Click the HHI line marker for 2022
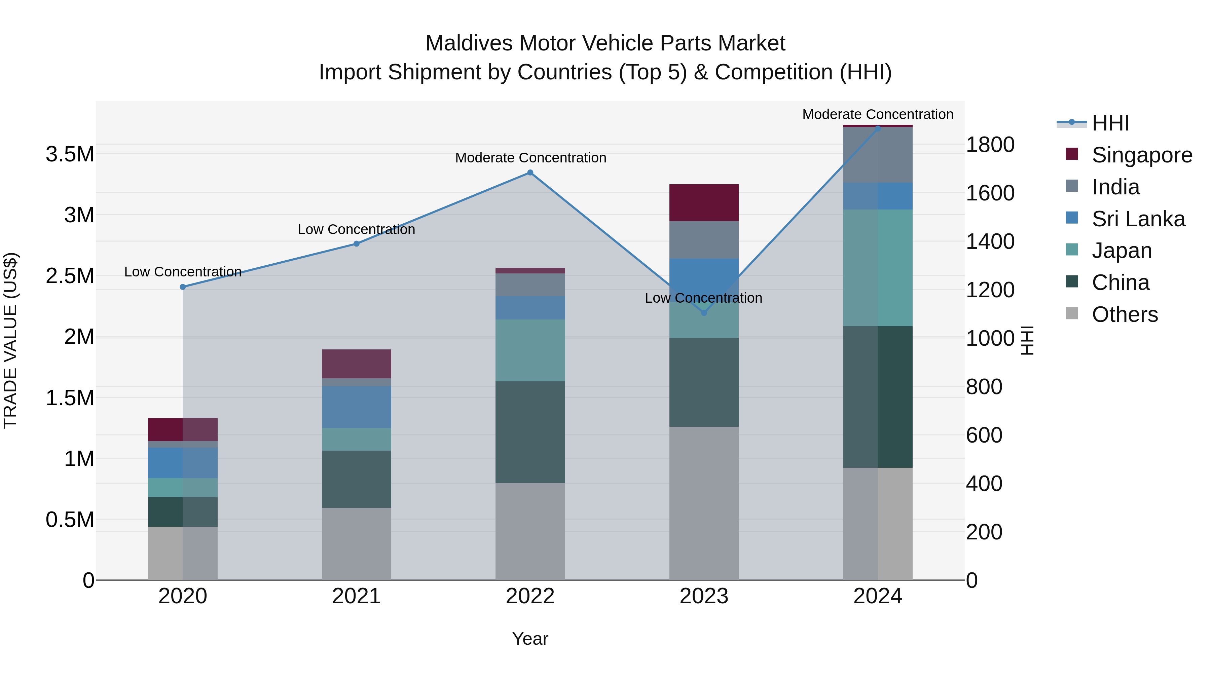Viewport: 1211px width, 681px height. [530, 173]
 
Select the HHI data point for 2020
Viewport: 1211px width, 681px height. [183, 287]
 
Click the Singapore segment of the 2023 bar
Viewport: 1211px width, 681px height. [704, 202]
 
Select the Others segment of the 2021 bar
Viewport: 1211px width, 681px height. [356, 543]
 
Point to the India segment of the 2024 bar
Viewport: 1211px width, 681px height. [877, 155]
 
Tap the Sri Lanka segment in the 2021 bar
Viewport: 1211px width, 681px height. [356, 407]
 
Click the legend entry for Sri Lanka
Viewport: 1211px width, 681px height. [1138, 219]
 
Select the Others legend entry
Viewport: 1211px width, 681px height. [1125, 314]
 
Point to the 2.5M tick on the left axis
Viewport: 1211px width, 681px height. [70, 276]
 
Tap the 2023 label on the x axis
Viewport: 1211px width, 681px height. [704, 596]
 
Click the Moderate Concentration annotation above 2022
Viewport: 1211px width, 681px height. [530, 158]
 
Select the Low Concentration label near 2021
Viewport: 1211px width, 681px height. [356, 229]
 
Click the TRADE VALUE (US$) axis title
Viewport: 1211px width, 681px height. [10, 340]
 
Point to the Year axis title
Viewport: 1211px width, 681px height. [530, 639]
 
